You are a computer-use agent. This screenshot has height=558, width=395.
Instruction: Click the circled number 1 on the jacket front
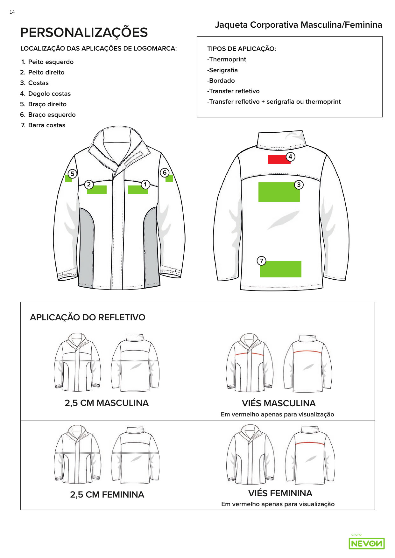[145, 185]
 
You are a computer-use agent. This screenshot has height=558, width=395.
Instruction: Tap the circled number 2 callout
[89, 185]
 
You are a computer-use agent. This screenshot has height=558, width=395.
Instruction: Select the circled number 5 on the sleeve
[72, 174]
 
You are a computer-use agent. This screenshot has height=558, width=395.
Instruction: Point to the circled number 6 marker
[165, 173]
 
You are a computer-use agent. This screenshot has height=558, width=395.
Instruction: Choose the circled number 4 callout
[290, 157]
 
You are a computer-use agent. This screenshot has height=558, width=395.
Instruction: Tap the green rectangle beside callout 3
[279, 192]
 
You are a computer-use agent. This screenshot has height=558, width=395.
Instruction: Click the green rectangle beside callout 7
[281, 269]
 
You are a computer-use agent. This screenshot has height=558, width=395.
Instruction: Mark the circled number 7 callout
[261, 261]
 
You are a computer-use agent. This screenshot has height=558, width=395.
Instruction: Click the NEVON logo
[367, 543]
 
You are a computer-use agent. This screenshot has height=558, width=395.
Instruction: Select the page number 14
[12, 12]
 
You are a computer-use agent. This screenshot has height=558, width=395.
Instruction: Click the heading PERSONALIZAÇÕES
[84, 32]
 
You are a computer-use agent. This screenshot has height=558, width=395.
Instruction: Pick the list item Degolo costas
[49, 94]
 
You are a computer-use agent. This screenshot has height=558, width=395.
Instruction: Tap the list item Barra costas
[46, 125]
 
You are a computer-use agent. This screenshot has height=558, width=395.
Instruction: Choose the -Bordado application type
[221, 80]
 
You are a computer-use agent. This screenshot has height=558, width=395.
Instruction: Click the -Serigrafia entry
[222, 70]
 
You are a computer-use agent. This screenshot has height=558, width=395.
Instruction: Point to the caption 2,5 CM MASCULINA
[107, 403]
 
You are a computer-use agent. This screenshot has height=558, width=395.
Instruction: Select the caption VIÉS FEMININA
[280, 493]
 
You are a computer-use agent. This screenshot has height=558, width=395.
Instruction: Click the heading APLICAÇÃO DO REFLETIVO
[88, 317]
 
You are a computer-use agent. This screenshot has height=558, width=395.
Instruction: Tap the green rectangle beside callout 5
[68, 179]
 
